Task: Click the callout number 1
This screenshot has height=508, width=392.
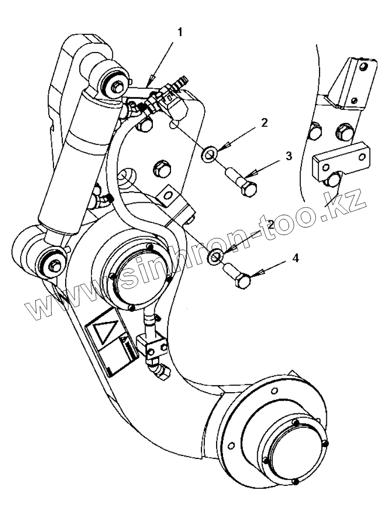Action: coord(180,32)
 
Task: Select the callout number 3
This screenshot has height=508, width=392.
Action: coord(289,156)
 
